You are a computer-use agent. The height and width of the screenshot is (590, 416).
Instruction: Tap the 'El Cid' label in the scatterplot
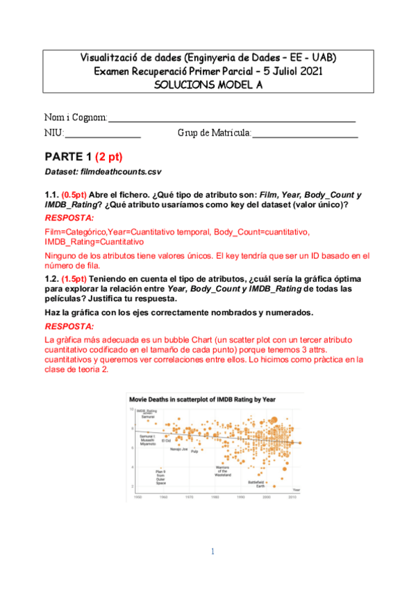(166, 440)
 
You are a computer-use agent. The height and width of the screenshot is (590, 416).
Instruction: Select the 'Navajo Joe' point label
(180, 449)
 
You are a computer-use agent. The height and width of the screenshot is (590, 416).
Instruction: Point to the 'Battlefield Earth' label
(257, 484)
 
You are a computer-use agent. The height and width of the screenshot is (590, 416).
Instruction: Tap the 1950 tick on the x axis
(138, 497)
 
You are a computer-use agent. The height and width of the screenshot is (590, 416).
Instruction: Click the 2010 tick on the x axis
(292, 497)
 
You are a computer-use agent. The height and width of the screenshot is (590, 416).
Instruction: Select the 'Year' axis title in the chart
(296, 490)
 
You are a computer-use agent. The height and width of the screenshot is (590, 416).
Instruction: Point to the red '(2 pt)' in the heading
(108, 157)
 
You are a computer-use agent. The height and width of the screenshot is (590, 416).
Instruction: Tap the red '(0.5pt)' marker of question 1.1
(74, 195)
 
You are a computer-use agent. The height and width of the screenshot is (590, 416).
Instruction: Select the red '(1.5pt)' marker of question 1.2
(74, 278)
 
